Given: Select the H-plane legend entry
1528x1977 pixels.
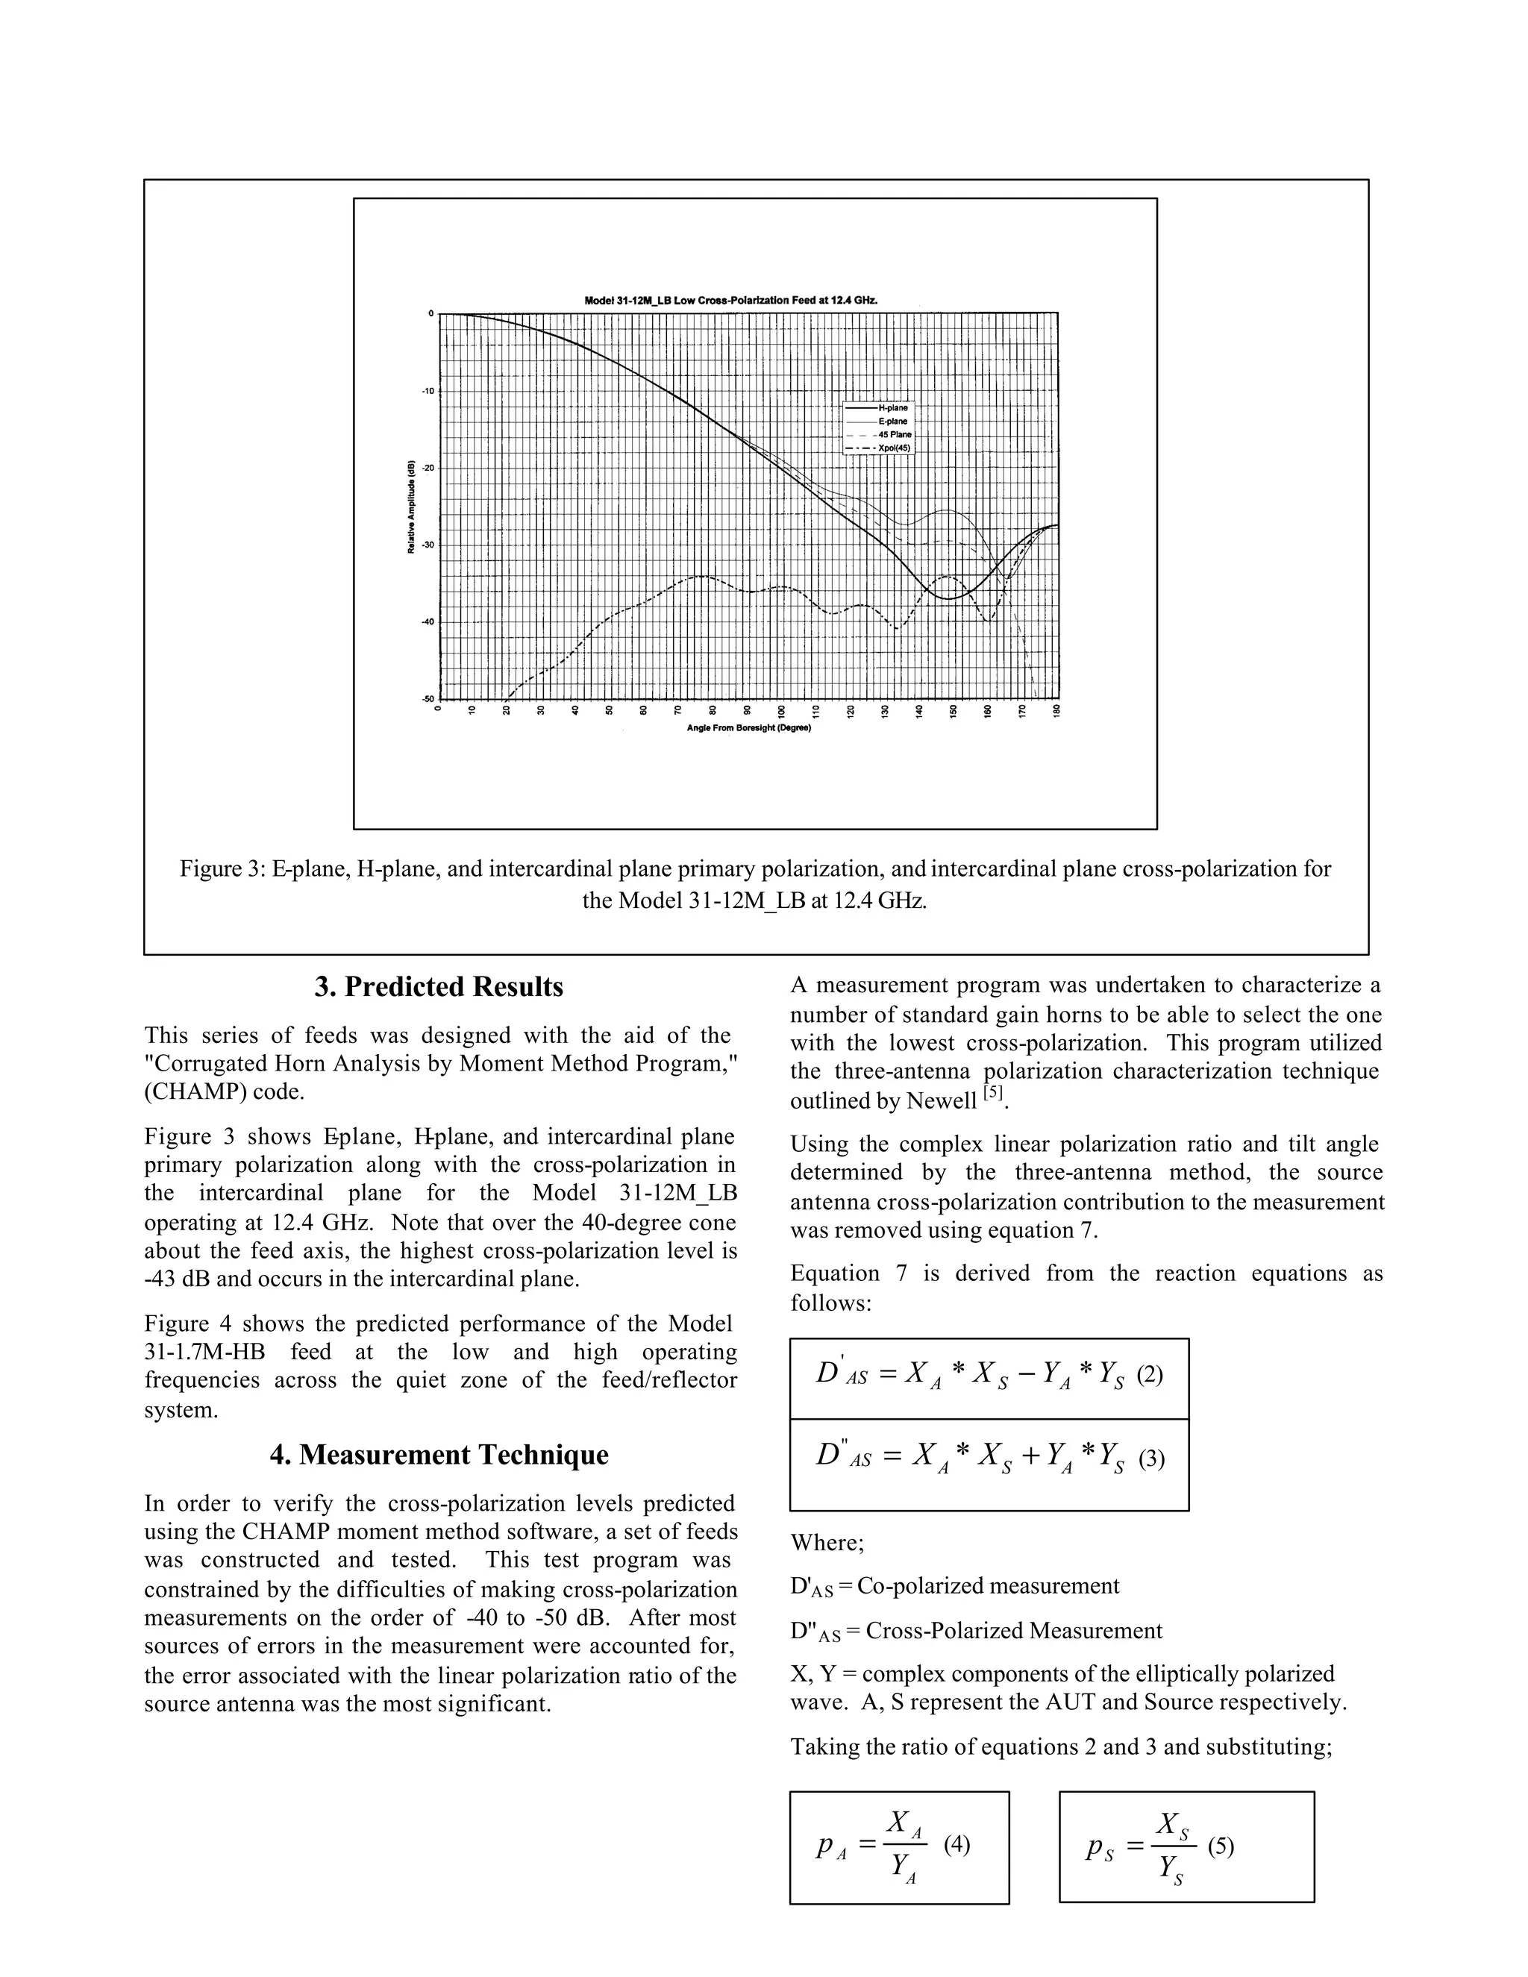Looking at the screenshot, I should [x=892, y=408].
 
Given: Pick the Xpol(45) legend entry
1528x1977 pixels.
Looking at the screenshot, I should [x=892, y=448].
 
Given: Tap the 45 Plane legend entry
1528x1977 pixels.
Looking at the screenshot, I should [x=892, y=434].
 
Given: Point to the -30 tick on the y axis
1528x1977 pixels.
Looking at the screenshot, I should [x=425, y=545].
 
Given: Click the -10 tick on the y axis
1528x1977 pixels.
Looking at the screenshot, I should [x=425, y=391].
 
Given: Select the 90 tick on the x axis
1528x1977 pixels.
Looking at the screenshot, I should [x=747, y=712].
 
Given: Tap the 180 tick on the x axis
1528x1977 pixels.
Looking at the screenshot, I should [x=1056, y=712].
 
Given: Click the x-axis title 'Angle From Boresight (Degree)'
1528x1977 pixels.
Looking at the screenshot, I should [x=748, y=729].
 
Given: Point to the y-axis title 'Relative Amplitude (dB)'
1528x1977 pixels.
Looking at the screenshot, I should [x=411, y=507].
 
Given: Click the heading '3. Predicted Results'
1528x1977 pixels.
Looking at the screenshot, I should [x=439, y=987].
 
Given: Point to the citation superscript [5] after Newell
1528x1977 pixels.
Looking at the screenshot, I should [x=994, y=1094].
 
